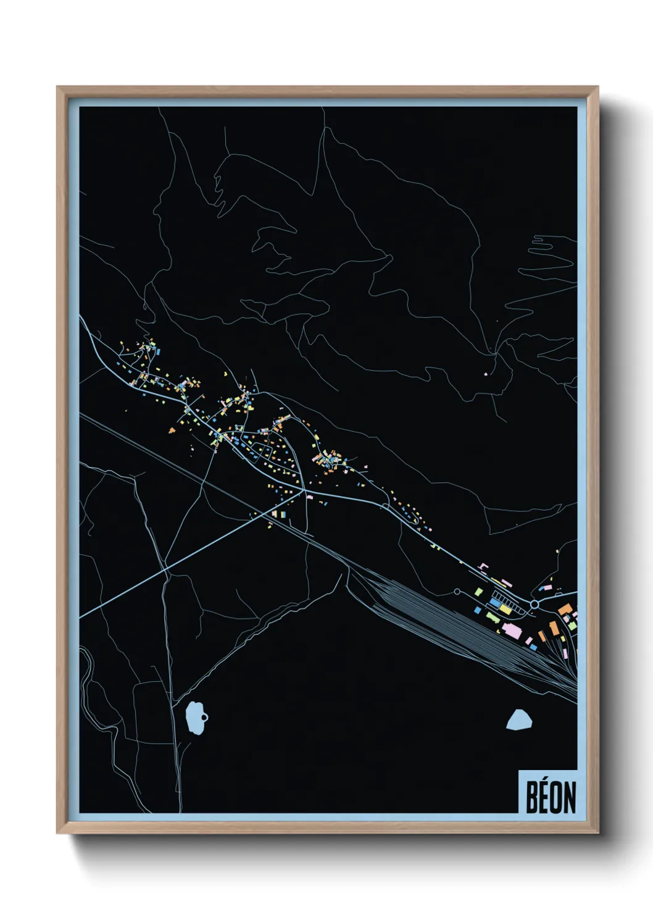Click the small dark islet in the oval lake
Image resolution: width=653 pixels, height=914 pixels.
click(204, 717)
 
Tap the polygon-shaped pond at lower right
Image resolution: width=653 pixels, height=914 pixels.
click(520, 719)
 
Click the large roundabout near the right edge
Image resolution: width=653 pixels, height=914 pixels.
click(534, 604)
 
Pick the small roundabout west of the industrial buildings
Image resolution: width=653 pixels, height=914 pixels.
click(457, 592)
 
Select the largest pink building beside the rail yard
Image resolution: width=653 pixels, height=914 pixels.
click(512, 631)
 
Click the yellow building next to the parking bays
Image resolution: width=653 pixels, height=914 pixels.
click(505, 610)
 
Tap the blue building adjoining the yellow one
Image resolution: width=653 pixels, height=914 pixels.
click(496, 603)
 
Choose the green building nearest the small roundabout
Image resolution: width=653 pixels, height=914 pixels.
click(478, 592)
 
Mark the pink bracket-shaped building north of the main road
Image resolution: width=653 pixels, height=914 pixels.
click(484, 566)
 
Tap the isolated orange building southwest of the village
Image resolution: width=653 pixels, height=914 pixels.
click(172, 430)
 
